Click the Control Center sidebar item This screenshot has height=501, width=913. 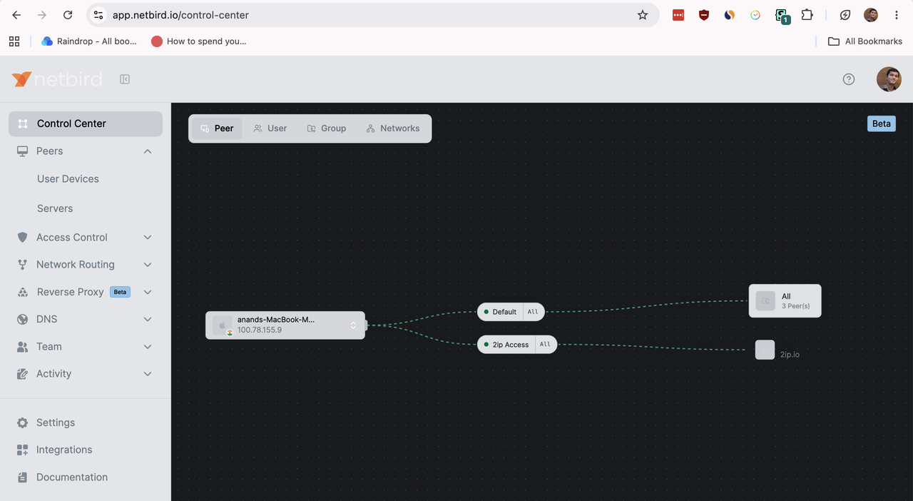click(85, 123)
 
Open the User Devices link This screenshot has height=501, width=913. click(68, 178)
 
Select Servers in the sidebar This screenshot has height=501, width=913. click(55, 208)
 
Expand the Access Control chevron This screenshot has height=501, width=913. click(148, 238)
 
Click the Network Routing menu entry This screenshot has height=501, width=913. click(76, 264)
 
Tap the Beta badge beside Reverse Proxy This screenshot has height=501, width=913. click(120, 292)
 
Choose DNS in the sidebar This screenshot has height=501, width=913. click(46, 319)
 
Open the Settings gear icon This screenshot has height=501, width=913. click(22, 422)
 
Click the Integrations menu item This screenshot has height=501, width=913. click(64, 450)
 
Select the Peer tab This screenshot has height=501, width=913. click(217, 128)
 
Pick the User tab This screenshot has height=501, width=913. click(270, 128)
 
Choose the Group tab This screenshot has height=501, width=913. click(327, 128)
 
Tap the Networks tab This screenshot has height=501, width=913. click(393, 128)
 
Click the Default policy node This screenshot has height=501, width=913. click(511, 312)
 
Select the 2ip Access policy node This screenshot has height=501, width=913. click(517, 344)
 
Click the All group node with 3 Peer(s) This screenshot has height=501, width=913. click(785, 301)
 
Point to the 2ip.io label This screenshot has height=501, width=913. click(790, 355)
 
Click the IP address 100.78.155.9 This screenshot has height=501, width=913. click(259, 330)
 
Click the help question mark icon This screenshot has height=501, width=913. click(849, 79)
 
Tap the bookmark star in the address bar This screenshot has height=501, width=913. click(643, 15)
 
